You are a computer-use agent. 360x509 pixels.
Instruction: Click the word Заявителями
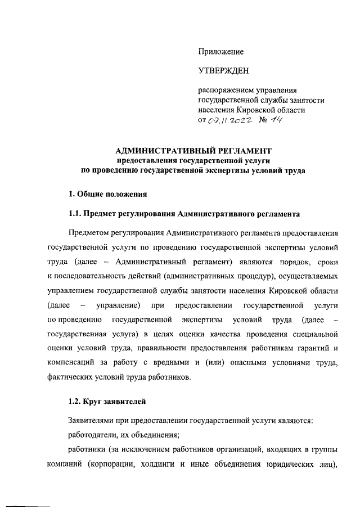[93, 421]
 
